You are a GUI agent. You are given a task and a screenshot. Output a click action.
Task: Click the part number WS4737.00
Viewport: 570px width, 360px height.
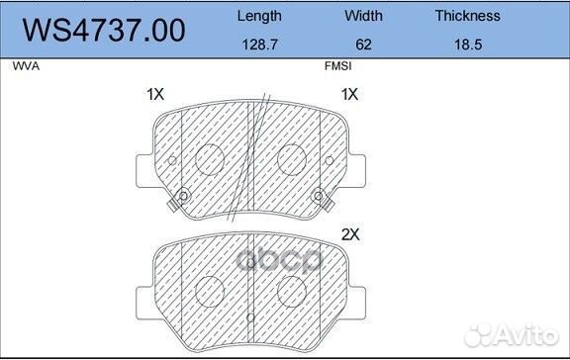105,32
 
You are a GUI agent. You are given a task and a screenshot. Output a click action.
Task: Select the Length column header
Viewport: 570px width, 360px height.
260,16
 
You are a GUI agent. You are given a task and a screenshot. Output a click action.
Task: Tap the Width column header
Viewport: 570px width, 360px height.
364,16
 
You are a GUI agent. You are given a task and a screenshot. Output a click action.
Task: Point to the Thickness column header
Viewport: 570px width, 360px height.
467,16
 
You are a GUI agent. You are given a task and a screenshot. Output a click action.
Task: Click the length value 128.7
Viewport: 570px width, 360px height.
260,45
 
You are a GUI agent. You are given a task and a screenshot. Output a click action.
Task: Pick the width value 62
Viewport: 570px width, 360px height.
364,45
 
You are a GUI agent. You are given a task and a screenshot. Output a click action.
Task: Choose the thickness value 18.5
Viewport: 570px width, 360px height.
467,45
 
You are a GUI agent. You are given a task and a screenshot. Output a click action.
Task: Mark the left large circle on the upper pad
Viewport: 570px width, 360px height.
209,158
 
